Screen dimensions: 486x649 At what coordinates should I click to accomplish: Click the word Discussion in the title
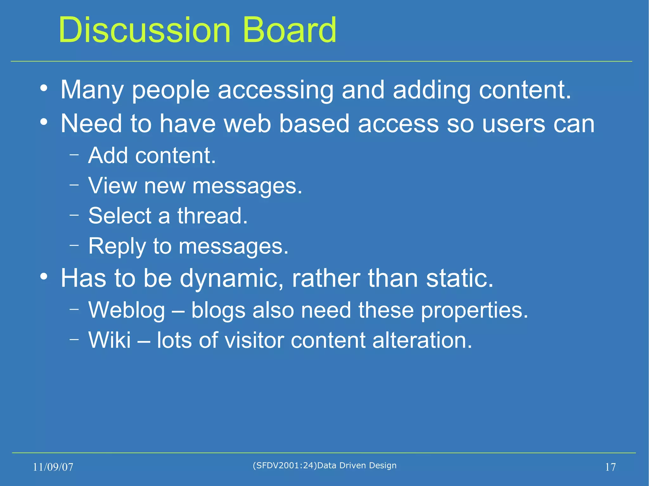click(x=144, y=30)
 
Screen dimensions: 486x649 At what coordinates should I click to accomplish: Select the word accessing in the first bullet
click(x=276, y=90)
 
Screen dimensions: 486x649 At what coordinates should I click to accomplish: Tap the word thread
click(x=212, y=216)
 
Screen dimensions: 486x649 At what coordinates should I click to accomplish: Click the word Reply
click(x=117, y=246)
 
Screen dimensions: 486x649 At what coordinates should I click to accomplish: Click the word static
click(x=459, y=278)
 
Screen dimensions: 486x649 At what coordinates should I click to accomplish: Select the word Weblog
click(x=127, y=310)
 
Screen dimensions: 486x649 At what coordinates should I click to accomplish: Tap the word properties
click(x=474, y=310)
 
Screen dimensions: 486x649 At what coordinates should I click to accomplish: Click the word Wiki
click(x=110, y=340)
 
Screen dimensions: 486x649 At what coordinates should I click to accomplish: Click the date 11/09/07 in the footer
click(x=53, y=467)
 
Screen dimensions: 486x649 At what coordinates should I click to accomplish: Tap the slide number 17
click(x=610, y=467)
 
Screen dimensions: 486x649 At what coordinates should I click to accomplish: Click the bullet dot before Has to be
click(x=44, y=276)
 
